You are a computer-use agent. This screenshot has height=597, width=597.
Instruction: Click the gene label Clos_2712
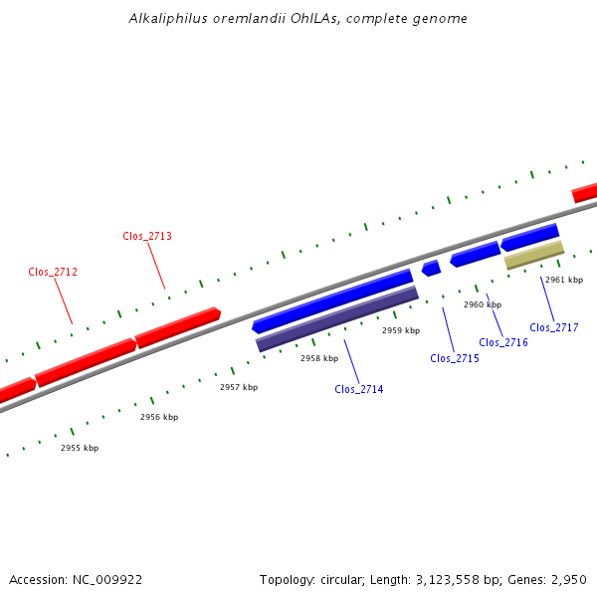[53, 272]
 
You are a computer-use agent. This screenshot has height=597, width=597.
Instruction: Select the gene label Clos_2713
[147, 236]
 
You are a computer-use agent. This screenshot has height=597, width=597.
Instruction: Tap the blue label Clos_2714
[359, 389]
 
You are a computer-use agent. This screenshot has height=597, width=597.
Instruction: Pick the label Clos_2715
[455, 358]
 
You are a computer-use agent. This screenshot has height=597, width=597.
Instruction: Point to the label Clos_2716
[503, 342]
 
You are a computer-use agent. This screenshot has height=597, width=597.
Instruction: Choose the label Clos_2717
[554, 327]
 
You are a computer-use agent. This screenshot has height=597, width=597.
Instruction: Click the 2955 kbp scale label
[80, 448]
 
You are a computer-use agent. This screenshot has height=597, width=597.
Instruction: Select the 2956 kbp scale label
[159, 417]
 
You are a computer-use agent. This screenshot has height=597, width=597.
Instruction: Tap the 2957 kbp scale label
[239, 387]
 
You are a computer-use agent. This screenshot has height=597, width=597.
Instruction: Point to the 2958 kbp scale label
[319, 357]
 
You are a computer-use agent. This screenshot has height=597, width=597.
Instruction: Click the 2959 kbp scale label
[401, 330]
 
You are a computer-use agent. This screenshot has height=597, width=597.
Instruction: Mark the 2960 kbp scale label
[483, 304]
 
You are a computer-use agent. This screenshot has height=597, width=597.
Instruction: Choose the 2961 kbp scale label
[564, 280]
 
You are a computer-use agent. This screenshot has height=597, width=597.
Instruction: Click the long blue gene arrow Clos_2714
[332, 300]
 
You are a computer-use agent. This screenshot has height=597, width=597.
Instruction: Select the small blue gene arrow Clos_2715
[431, 268]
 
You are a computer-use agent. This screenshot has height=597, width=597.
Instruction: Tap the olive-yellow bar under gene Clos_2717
[534, 255]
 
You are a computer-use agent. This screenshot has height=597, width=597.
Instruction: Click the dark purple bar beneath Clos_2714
[337, 318]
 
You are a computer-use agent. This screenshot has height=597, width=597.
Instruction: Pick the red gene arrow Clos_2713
[177, 327]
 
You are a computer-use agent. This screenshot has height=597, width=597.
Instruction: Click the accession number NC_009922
[105, 579]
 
